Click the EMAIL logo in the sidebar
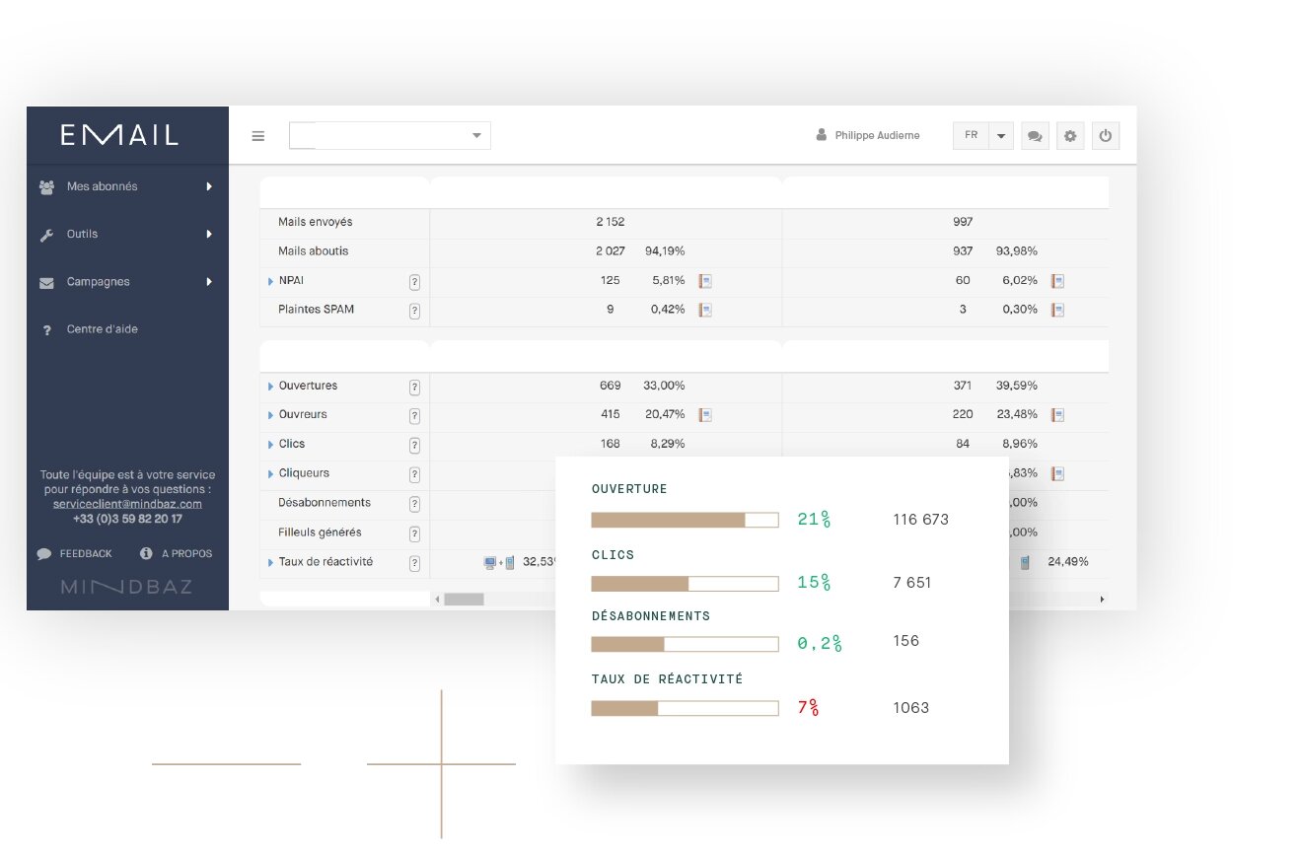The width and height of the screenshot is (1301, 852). pyautogui.click(x=119, y=135)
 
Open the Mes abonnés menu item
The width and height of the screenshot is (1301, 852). pyautogui.click(x=102, y=186)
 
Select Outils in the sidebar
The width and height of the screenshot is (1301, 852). pyautogui.click(x=82, y=234)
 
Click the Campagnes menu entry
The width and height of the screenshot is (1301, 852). pyautogui.click(x=98, y=282)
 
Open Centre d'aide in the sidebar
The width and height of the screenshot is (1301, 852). pyautogui.click(x=102, y=328)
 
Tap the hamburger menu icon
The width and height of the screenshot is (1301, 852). pyautogui.click(x=257, y=136)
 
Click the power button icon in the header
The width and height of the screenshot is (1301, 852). pyautogui.click(x=1106, y=135)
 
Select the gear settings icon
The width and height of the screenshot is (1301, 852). pyautogui.click(x=1070, y=135)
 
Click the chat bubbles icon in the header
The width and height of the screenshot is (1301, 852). pyautogui.click(x=1035, y=135)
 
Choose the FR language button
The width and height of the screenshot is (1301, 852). pyautogui.click(x=971, y=135)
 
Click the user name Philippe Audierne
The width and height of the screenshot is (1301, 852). pyautogui.click(x=877, y=135)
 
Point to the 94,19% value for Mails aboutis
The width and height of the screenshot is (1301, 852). pyautogui.click(x=665, y=250)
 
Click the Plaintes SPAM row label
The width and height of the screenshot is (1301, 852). pyautogui.click(x=316, y=309)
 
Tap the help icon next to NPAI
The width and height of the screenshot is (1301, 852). pyautogui.click(x=414, y=282)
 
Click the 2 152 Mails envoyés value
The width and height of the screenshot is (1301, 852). pyautogui.click(x=610, y=222)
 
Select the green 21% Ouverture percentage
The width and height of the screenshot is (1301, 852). pyautogui.click(x=814, y=519)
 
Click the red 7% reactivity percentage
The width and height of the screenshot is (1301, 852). pyautogui.click(x=809, y=707)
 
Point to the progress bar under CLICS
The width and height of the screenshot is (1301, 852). pyautogui.click(x=685, y=583)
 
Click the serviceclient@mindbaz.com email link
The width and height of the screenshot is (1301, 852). pyautogui.click(x=127, y=504)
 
